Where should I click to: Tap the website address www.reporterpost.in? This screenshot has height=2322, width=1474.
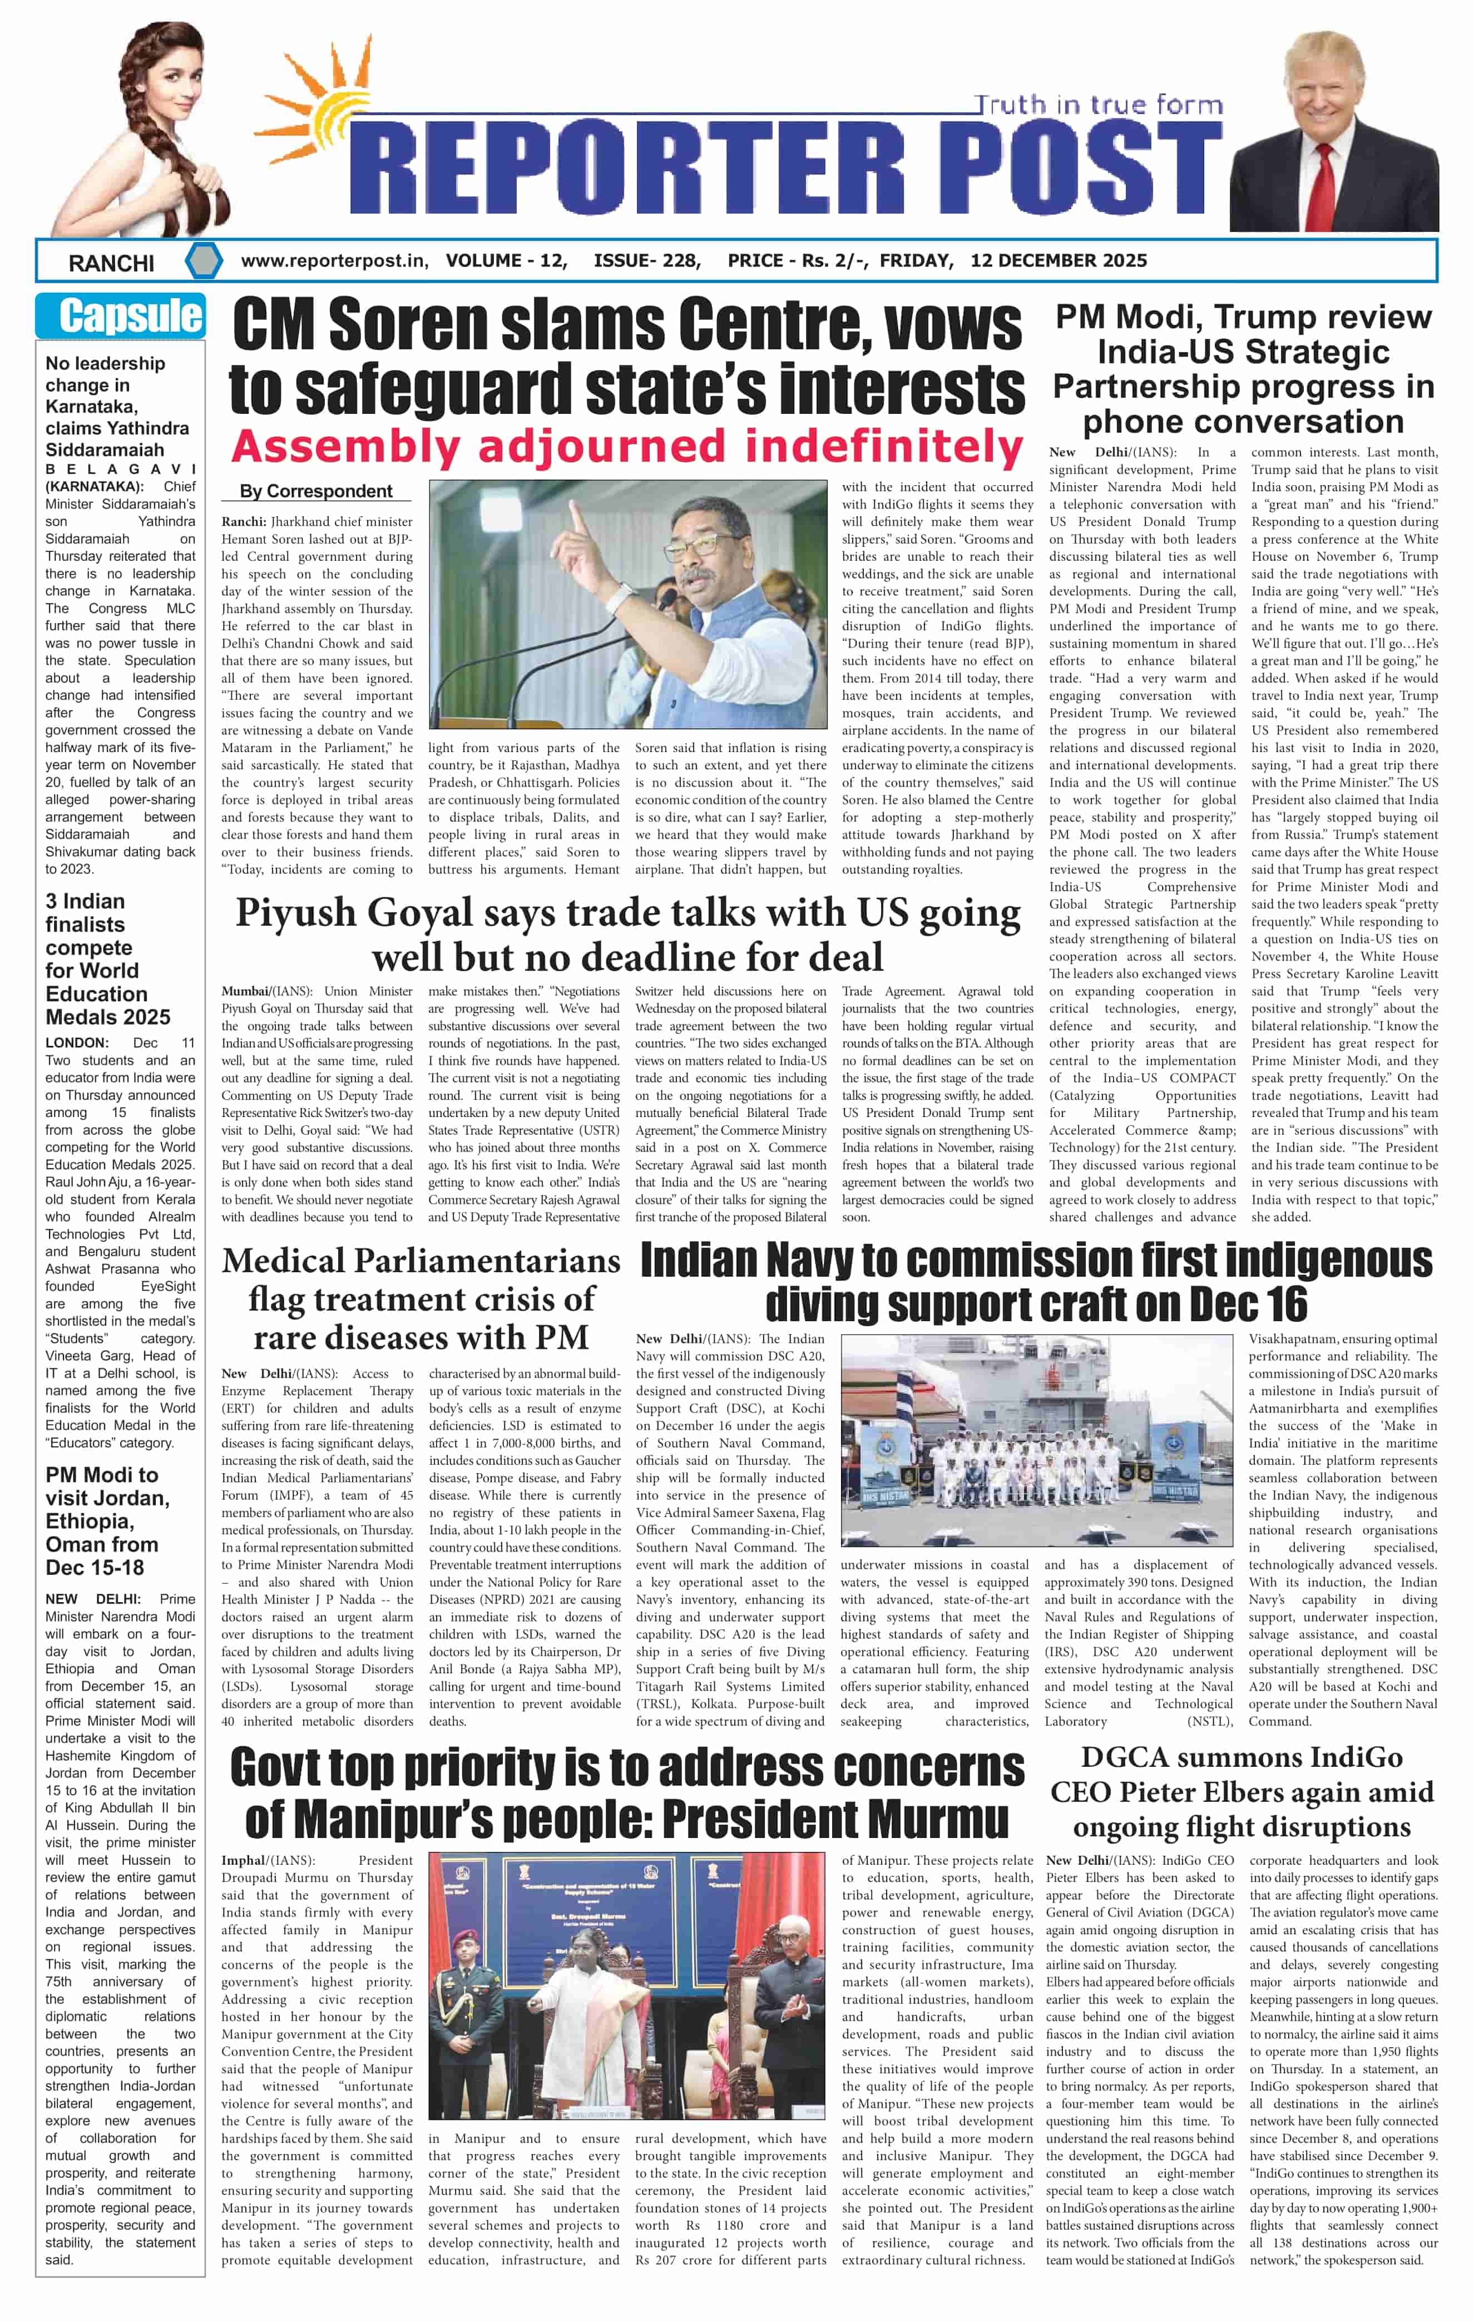[x=334, y=260]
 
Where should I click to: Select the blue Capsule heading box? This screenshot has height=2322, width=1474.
[x=121, y=315]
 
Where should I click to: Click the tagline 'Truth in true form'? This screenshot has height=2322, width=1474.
[x=1096, y=104]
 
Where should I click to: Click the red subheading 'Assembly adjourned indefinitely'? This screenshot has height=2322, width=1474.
[x=627, y=447]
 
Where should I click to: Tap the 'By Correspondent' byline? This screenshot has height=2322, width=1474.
[x=315, y=491]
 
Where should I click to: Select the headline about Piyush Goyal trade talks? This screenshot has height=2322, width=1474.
[x=627, y=935]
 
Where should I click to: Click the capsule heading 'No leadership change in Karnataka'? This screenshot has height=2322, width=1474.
[x=117, y=406]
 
